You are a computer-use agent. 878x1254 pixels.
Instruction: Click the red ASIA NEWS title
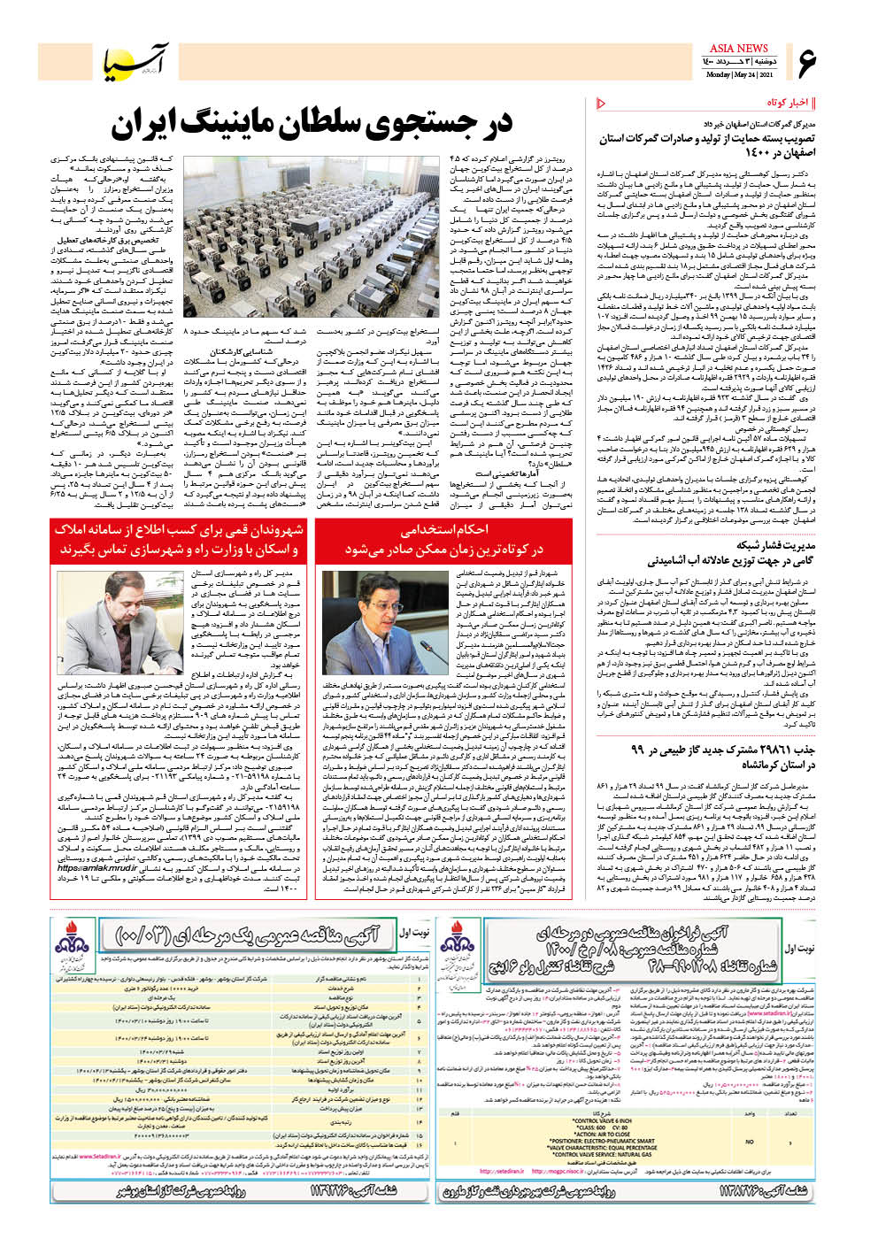(738, 48)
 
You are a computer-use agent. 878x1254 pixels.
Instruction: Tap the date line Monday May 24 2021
(738, 75)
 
